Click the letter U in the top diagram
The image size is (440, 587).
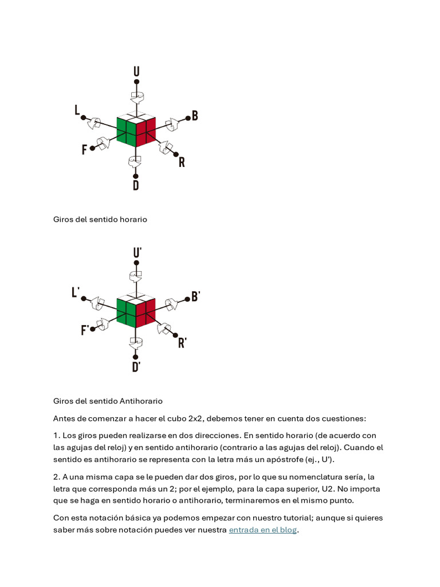[x=136, y=72]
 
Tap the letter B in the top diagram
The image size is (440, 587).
[x=195, y=116]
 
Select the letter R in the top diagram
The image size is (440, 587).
[x=182, y=162]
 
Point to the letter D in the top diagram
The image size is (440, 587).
[x=136, y=185]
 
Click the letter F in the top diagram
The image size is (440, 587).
[x=84, y=150]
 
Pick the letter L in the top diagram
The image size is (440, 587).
[x=77, y=111]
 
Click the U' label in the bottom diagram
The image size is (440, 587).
[x=137, y=253]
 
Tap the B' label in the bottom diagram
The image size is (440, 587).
[x=195, y=296]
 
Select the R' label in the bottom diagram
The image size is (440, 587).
[x=182, y=343]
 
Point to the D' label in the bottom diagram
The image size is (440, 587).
[x=136, y=367]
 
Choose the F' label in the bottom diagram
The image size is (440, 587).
[x=85, y=330]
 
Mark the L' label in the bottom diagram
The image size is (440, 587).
[x=76, y=292]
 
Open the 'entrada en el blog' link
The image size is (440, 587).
[x=262, y=530]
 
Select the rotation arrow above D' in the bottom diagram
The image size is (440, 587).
[x=136, y=343]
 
